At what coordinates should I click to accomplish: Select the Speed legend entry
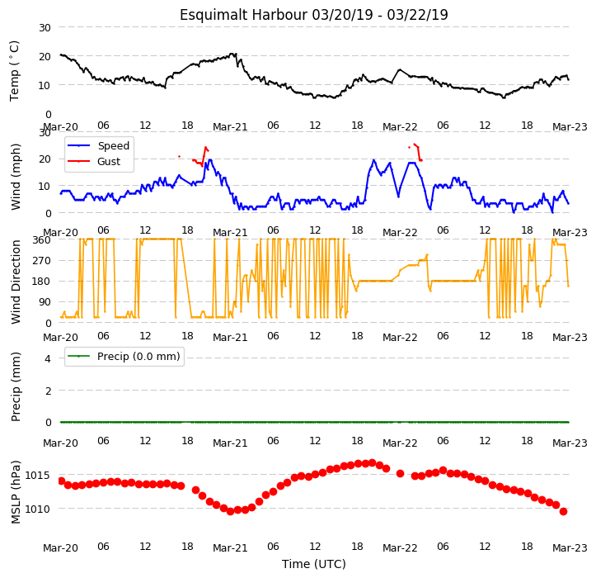98,146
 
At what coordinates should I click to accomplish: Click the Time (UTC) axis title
314,564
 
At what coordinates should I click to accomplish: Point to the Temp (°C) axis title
15,71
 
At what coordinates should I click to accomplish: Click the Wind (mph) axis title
15,177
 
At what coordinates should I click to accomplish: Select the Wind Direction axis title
15,282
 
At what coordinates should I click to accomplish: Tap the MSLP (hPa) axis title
15,492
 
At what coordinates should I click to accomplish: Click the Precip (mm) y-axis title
15,386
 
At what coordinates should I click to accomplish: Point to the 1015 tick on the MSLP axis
38,475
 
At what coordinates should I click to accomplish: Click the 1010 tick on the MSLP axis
38,509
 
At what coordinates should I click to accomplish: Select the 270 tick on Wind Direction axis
41,261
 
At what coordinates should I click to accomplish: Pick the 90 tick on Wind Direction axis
45,302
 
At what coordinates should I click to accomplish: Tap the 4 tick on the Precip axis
48,358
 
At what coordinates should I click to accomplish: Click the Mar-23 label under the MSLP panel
570,548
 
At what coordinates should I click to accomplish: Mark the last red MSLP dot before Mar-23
563,511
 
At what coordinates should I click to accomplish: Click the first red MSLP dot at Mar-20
62,481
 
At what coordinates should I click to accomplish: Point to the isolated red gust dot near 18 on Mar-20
179,157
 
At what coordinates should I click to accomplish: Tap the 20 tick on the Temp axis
45,57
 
